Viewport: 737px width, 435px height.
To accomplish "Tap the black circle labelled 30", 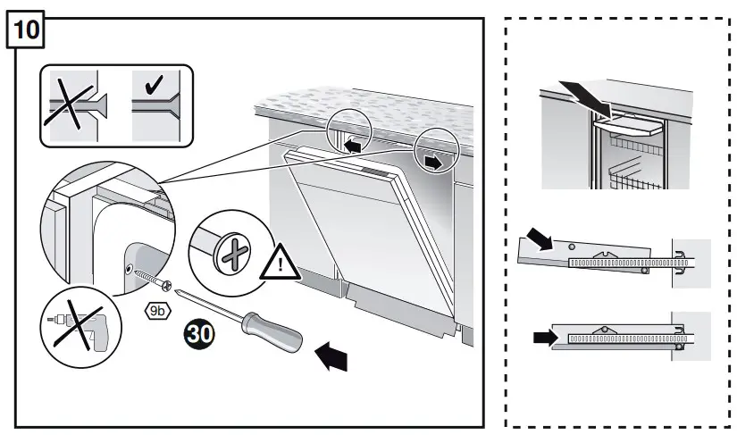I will [199, 335].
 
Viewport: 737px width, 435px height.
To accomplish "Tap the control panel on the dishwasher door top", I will [376, 171].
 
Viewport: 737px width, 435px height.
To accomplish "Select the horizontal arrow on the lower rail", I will [542, 337].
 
